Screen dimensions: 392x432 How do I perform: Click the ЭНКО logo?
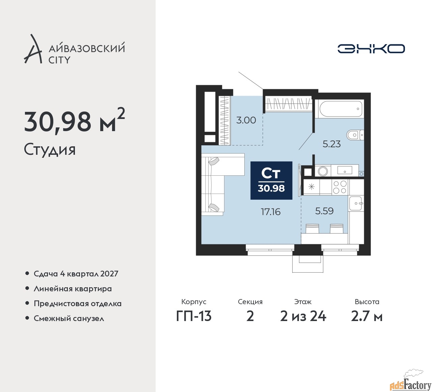(371, 49)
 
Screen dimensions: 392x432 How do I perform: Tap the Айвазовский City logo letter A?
(33, 49)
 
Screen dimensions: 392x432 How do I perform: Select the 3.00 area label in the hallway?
(246, 120)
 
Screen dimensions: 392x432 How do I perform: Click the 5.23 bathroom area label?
(331, 144)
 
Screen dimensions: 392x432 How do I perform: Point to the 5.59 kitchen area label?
(324, 211)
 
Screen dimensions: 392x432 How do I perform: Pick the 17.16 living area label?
(271, 212)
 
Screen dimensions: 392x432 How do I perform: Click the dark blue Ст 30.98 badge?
(271, 180)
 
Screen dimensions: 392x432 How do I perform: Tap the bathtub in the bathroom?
(339, 109)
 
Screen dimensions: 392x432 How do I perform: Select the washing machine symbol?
(323, 171)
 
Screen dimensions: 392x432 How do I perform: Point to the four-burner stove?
(340, 187)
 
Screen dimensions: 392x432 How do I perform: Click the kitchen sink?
(356, 203)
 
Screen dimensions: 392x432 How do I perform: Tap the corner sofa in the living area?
(216, 182)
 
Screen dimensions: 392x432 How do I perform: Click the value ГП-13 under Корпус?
(194, 316)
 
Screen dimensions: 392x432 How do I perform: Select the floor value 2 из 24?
(303, 316)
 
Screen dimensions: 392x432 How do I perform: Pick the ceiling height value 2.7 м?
(367, 316)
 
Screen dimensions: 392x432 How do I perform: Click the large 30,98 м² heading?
(74, 121)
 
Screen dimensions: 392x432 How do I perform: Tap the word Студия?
(50, 149)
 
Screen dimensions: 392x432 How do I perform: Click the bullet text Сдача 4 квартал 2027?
(76, 274)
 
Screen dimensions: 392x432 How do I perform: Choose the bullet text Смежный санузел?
(69, 318)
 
